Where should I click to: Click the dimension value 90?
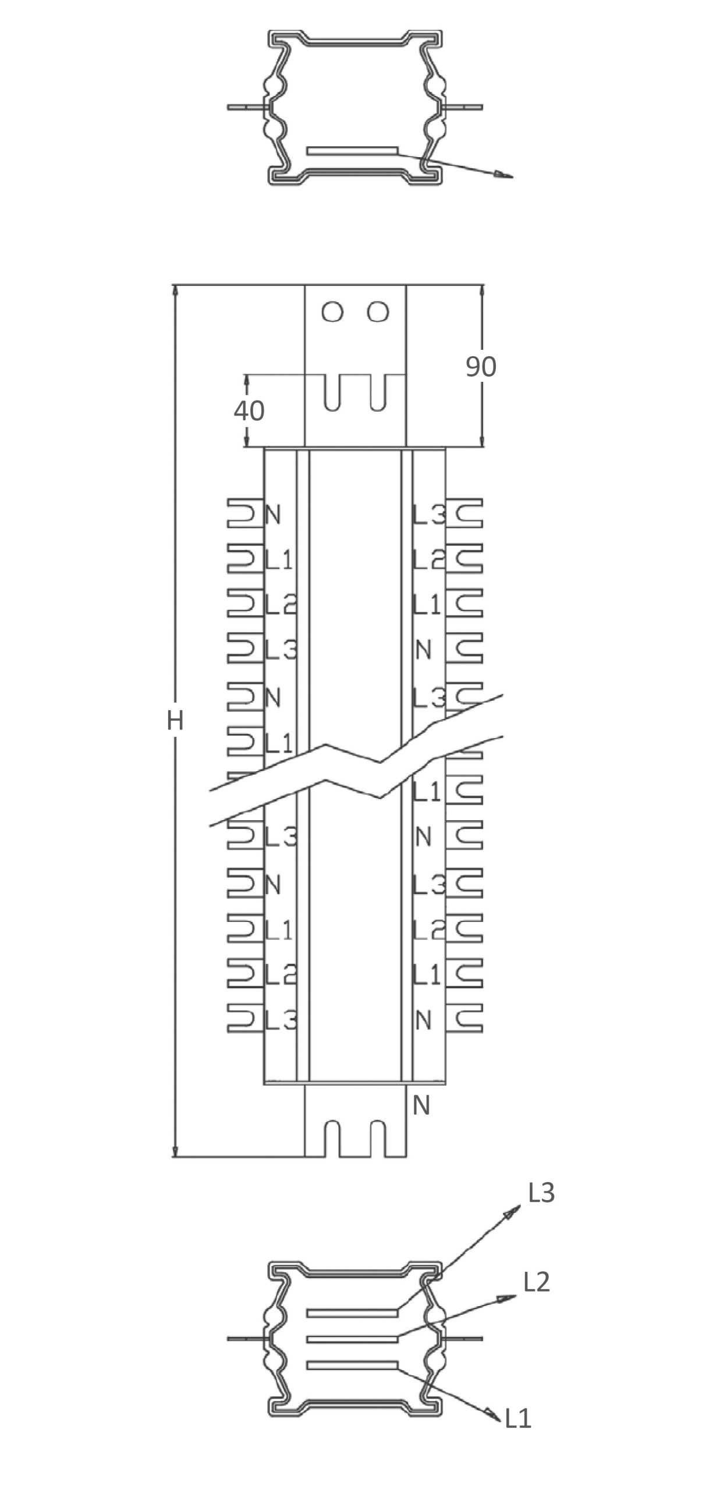point(481,366)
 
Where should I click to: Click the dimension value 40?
point(249,411)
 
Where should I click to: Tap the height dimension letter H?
point(175,721)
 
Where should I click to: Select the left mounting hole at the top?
point(332,312)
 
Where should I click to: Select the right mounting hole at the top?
point(378,312)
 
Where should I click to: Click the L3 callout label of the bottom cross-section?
point(541,1193)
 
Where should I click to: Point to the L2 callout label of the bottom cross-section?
point(537,1282)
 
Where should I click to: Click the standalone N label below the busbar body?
point(421,1105)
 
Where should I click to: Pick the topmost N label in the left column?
point(273,515)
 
